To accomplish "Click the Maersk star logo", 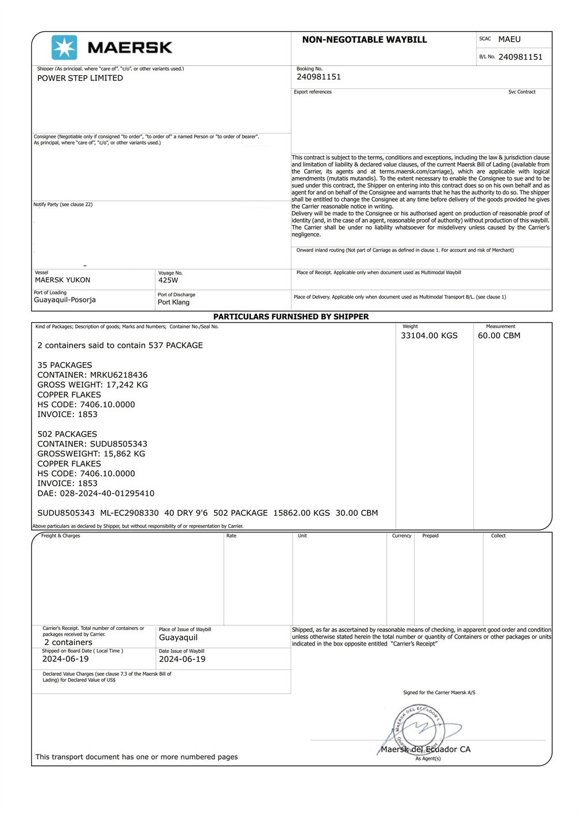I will (x=64, y=47).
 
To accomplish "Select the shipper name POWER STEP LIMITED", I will (x=80, y=78).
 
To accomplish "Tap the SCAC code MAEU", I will (x=509, y=39).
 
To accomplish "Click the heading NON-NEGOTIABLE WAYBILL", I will (x=364, y=40).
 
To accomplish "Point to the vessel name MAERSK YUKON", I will (x=62, y=280).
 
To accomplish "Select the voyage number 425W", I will (x=168, y=280).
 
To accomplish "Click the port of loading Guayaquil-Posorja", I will (x=65, y=300).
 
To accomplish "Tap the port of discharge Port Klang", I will (x=173, y=302).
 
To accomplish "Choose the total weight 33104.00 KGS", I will (x=429, y=336).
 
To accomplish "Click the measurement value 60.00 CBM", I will (x=499, y=336).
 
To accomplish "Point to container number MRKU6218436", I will (x=118, y=375).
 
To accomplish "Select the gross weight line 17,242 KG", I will (x=92, y=385).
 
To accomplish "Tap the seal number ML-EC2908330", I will (x=129, y=513).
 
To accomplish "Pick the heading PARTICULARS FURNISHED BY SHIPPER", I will (x=291, y=316).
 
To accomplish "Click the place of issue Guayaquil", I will (x=178, y=638).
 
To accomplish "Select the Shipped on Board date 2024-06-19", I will (x=65, y=659).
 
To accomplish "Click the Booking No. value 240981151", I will (x=318, y=77).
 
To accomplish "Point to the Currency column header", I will (x=402, y=536).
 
